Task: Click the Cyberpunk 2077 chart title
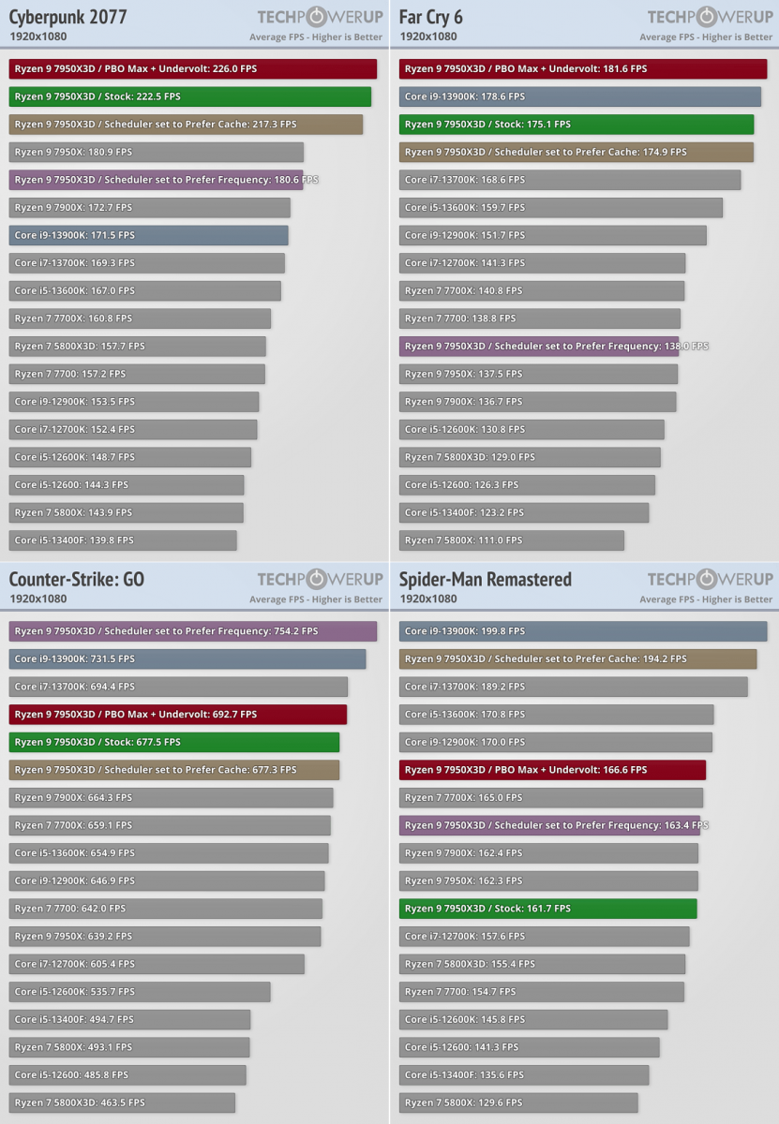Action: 68,17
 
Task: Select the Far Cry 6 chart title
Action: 431,17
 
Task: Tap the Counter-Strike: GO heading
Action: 77,579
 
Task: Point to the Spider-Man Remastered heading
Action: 486,579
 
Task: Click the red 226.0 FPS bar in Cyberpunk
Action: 193,68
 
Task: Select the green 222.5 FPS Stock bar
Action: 190,96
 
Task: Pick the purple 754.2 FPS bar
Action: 193,631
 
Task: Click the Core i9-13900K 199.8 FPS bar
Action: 583,631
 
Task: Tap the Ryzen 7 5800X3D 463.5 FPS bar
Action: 122,1102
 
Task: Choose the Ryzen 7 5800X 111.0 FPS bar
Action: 512,540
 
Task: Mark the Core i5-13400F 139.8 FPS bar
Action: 123,540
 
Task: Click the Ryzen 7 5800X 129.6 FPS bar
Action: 518,1102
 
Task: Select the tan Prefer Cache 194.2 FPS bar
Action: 577,658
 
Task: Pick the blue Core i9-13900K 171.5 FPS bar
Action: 149,235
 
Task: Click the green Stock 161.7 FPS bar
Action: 548,909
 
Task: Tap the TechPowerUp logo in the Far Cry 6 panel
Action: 710,17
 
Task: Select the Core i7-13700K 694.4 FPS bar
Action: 178,687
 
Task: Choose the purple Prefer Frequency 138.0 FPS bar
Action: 539,347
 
